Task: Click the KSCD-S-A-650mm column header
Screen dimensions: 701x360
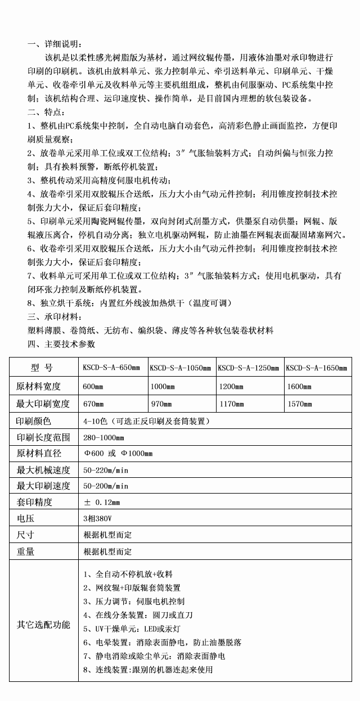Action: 111,368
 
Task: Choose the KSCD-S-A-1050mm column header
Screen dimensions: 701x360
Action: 180,368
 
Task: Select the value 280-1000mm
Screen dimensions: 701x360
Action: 103,437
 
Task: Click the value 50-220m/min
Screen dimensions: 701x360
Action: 106,469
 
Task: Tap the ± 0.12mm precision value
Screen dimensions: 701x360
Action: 102,501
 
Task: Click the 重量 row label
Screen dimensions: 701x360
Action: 26,551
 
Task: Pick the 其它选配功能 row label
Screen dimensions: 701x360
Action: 43,625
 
